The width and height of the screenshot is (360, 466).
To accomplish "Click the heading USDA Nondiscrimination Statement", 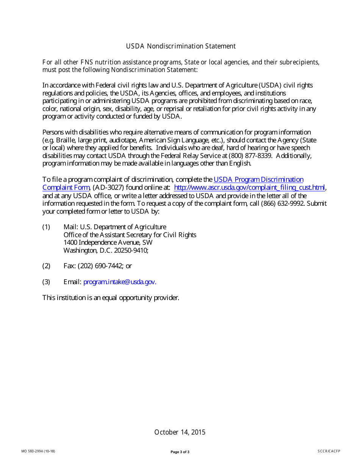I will (x=181, y=46).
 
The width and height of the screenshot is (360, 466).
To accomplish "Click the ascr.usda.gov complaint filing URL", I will (x=249, y=188).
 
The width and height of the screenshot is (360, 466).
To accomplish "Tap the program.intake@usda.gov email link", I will (x=120, y=282).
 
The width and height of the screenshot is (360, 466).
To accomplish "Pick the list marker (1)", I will (x=46, y=227).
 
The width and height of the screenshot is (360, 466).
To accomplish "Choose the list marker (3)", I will (x=46, y=282).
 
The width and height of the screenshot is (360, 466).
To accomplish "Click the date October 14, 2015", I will (x=180, y=432).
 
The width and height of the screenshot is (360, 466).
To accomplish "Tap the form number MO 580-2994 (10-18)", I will (x=38, y=451).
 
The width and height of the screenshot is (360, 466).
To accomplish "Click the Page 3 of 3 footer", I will (x=180, y=452).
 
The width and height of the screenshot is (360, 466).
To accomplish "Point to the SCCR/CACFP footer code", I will (x=329, y=451).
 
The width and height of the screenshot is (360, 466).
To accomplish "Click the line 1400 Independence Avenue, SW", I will (x=108, y=242).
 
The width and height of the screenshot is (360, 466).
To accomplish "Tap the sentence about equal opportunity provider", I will (x=110, y=298).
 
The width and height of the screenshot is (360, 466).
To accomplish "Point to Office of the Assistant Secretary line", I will (x=130, y=235).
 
